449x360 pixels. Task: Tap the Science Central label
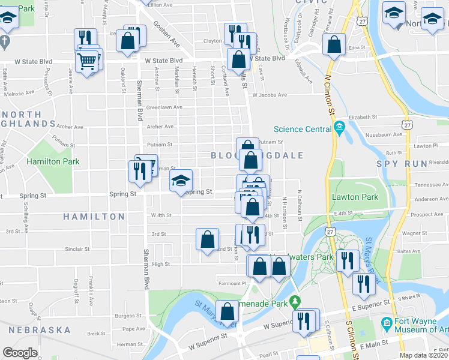click(302, 128)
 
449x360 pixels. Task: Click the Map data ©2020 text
click(424, 356)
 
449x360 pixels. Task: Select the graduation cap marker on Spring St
click(181, 181)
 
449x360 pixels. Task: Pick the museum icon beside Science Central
click(339, 127)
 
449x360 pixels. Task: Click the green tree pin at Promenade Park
click(294, 300)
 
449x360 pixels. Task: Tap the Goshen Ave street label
click(166, 35)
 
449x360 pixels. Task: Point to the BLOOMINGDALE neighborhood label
click(257, 155)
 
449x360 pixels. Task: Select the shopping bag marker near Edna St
click(334, 44)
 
